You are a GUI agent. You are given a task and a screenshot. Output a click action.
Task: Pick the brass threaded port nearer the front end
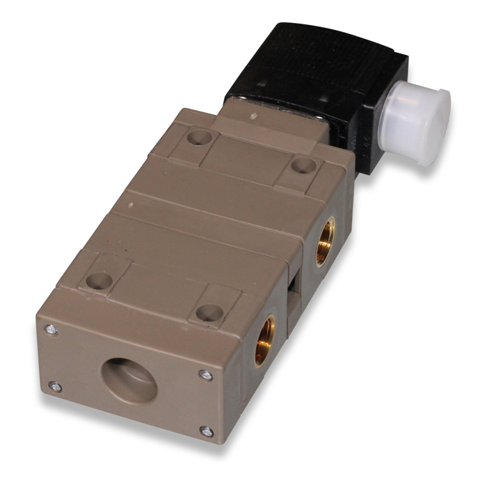(x=264, y=339)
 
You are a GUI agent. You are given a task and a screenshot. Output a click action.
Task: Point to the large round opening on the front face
(x=130, y=380)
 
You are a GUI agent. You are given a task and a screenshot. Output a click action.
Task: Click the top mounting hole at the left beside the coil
(x=200, y=138)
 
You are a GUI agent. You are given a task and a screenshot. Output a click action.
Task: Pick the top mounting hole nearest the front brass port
(x=208, y=312)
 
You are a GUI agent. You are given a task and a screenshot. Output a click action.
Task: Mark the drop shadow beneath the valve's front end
(x=139, y=445)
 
